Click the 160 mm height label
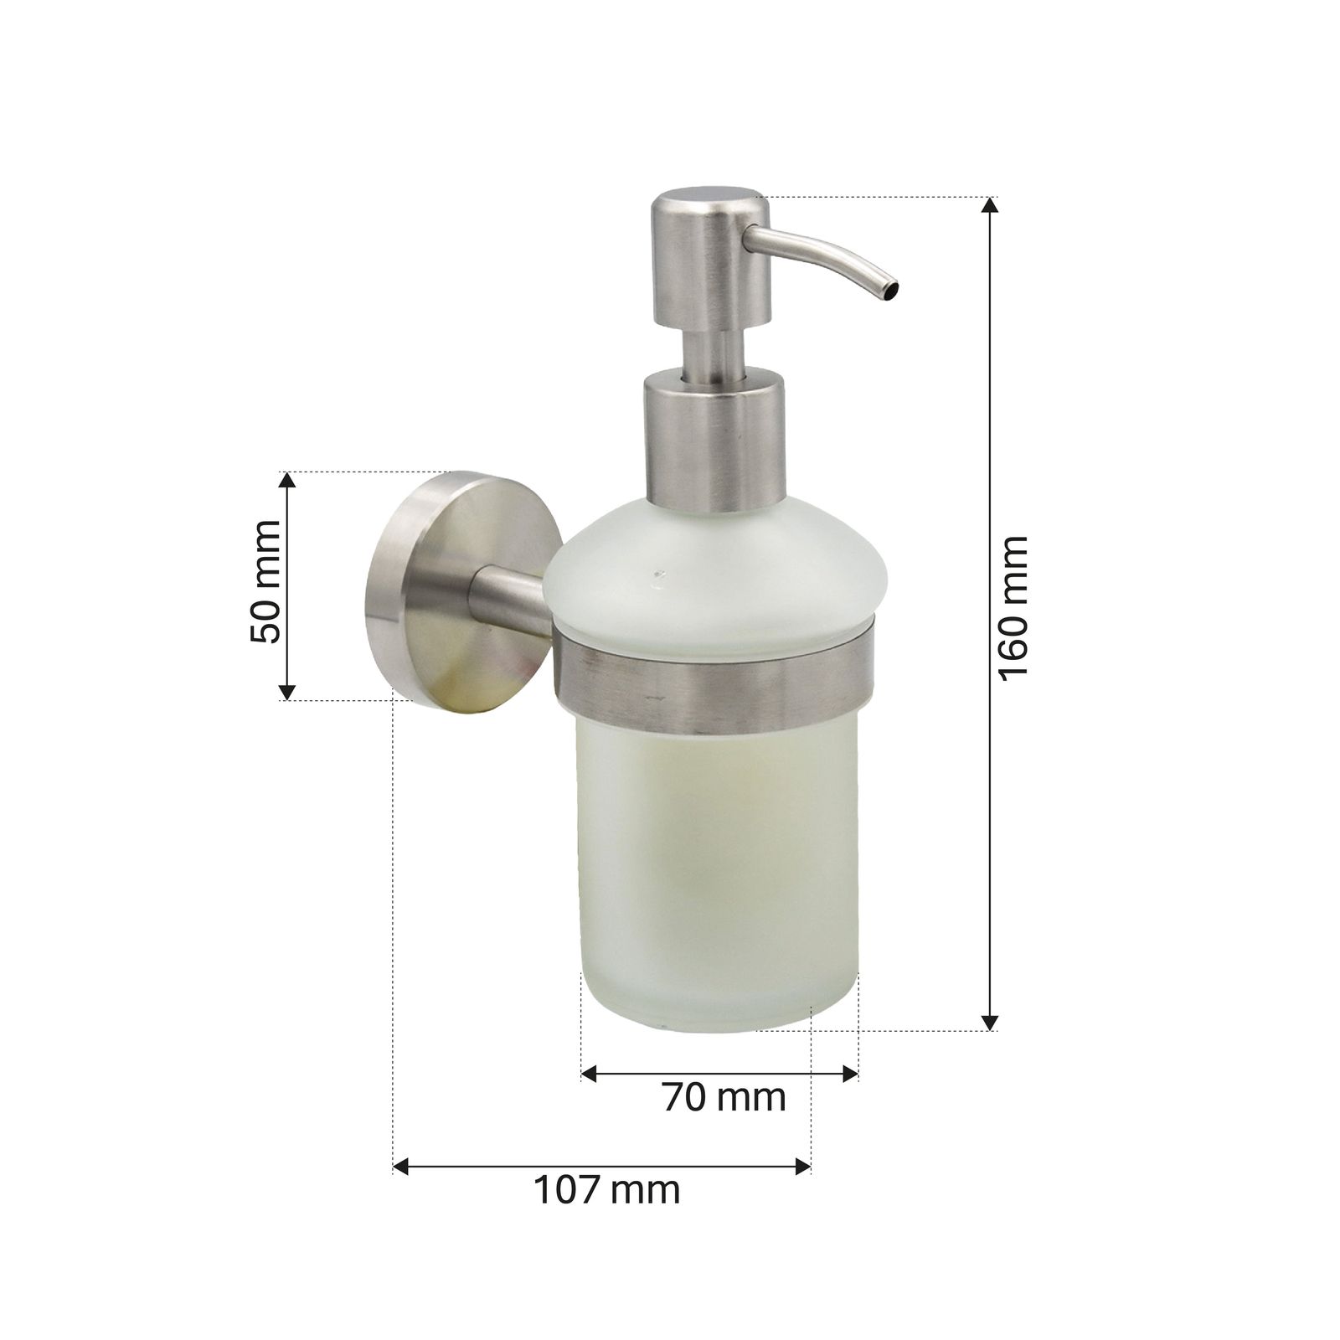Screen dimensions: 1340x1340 click(x=1013, y=609)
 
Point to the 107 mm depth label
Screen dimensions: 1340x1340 click(x=607, y=1189)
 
